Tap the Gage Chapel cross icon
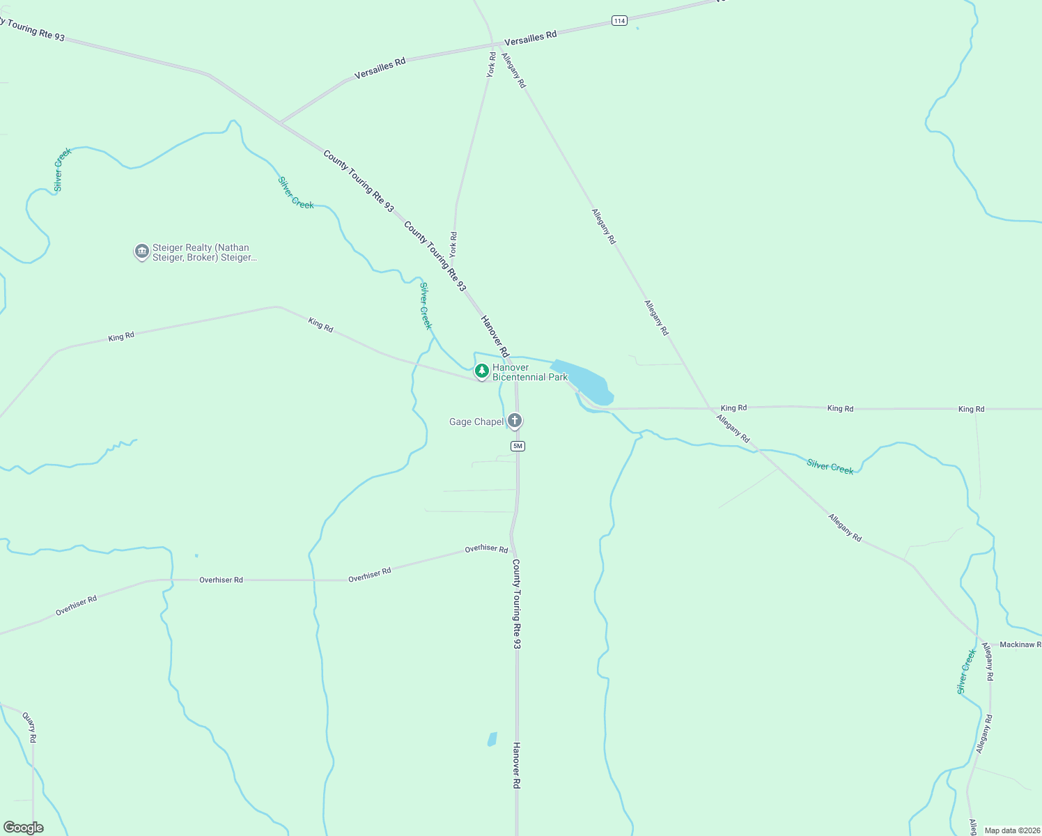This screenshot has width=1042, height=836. [515, 420]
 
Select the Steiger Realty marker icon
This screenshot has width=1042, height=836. [142, 251]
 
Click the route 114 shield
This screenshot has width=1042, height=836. [619, 21]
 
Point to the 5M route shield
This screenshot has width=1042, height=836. [517, 446]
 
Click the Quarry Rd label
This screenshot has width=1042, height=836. [29, 727]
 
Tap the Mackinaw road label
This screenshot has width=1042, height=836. [1020, 644]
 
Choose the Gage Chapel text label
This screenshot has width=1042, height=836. [476, 421]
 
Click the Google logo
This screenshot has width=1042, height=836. [24, 828]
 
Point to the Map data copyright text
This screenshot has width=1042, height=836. [1012, 830]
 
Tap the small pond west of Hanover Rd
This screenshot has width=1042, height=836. [492, 739]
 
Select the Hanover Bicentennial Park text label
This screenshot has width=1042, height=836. [529, 372]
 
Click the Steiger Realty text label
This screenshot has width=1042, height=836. [204, 252]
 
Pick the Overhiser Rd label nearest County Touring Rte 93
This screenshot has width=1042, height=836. [486, 549]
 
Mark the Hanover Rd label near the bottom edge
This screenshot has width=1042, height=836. [516, 765]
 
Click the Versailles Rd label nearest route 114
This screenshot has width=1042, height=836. [530, 38]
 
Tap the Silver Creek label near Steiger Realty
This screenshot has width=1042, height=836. [62, 169]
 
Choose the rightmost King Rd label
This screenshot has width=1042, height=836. [971, 409]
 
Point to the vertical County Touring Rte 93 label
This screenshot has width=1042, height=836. [516, 603]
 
